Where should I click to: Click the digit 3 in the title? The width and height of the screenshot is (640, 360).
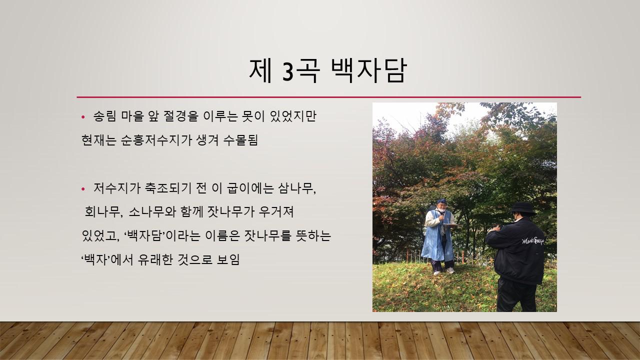287,71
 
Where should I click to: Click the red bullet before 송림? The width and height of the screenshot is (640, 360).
83,116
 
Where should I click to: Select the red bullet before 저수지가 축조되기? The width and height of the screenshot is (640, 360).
83,189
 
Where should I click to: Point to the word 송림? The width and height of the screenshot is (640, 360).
104,116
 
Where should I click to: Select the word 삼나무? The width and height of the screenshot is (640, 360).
296,188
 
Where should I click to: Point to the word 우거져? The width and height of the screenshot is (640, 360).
276,212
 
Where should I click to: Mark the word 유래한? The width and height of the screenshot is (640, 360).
155,259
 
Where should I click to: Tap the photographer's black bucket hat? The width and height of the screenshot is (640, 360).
523,208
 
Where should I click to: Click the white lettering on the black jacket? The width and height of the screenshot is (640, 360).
533,241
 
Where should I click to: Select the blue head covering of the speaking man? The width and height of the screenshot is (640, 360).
441,201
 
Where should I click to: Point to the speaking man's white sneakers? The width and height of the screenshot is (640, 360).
443,271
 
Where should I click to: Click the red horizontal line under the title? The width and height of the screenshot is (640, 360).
329,97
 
